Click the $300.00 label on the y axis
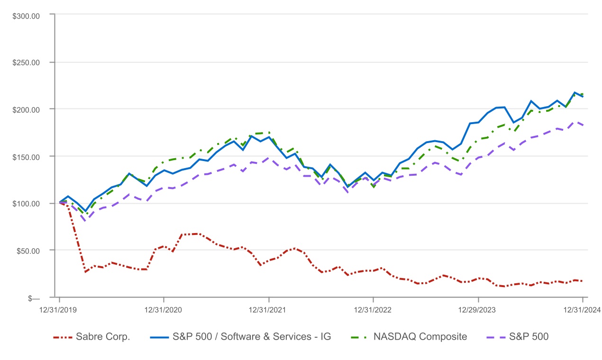click(27, 15)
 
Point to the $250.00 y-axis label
click(27, 62)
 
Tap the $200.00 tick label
click(27, 109)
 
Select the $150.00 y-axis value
click(27, 156)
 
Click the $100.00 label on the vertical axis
click(27, 203)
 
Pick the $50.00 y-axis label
click(28, 250)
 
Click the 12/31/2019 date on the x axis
click(59, 310)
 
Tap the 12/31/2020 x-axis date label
click(164, 310)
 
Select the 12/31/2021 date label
click(269, 310)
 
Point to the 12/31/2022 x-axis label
click(374, 310)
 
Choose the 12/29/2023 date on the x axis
click(478, 310)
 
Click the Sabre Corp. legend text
click(103, 337)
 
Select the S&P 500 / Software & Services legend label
click(251, 337)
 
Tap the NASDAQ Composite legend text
click(420, 337)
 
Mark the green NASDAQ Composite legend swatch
click(359, 337)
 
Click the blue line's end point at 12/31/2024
click(583, 97)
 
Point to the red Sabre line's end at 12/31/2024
click(583, 281)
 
